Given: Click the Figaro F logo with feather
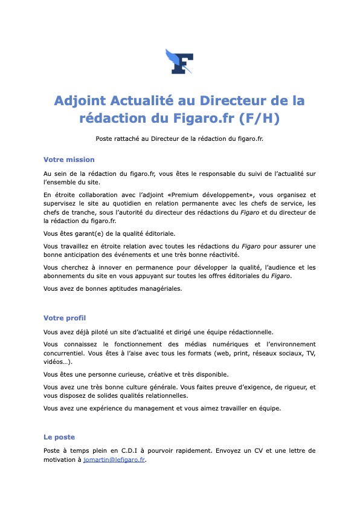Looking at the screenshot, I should click(179, 62).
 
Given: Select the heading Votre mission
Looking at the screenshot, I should click(69, 160).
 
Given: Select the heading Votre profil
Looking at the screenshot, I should click(65, 317).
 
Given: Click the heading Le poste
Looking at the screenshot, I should click(59, 436).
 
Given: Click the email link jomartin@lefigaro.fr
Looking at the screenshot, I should click(114, 460).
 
